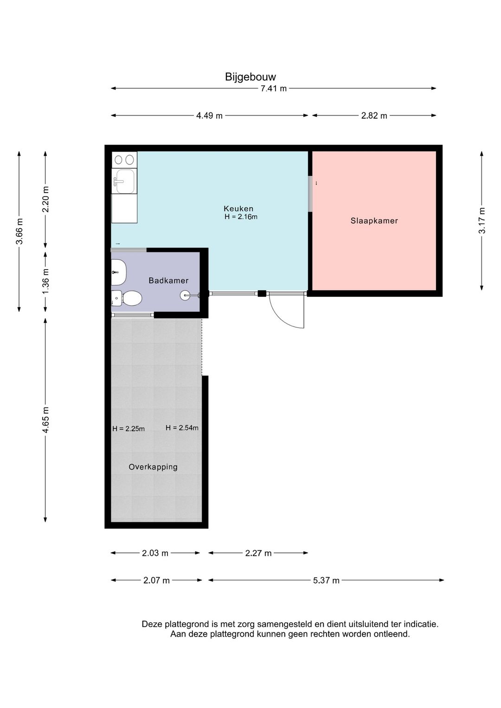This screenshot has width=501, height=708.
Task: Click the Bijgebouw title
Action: coord(250,77)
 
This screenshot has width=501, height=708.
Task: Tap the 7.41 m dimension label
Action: coord(273,89)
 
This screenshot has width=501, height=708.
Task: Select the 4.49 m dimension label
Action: coord(209,116)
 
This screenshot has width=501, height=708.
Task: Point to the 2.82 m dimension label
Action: coord(374,116)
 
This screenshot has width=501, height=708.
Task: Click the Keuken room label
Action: coord(238,209)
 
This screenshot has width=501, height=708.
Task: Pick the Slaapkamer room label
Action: coord(374,221)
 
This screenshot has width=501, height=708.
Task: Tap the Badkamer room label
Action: coord(168,280)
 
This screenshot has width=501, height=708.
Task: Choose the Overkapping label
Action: coord(153,467)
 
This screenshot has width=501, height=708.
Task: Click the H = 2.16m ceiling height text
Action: coord(241,217)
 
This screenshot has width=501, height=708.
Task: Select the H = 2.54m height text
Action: coord(182,428)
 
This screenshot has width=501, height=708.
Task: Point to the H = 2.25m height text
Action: coord(128,429)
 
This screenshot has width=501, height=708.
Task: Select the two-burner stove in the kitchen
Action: coord(124,160)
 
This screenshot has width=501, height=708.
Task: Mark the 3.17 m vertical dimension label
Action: coord(482,220)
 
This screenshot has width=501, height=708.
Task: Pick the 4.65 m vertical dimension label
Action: coord(45,420)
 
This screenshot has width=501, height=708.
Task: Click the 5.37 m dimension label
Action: coord(326,580)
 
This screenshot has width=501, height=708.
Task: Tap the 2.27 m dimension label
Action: coord(258,553)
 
